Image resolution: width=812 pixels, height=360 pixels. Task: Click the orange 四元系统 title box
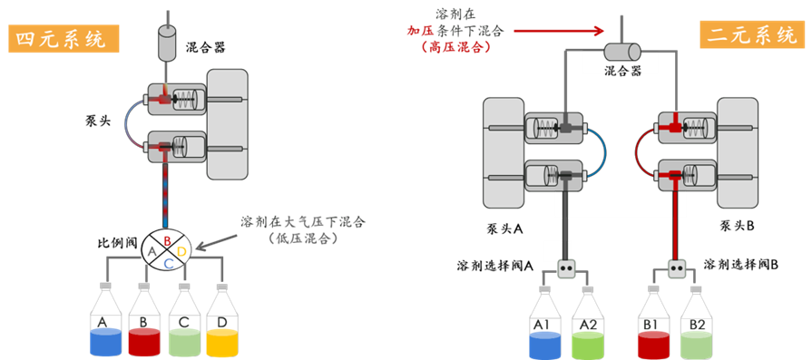coord(64,40)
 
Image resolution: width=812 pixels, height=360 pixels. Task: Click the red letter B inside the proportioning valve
coord(167,240)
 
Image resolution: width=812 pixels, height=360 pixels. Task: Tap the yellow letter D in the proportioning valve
coord(181,252)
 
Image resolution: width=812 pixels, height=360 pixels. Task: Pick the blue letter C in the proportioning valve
coord(169,263)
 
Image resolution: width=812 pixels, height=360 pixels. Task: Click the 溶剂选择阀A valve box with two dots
coord(568,268)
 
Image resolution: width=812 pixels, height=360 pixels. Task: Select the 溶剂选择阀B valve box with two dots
coord(676,268)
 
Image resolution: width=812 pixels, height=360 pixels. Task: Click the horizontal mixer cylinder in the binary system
coord(622,52)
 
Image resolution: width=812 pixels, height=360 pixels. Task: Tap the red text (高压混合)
coord(455,47)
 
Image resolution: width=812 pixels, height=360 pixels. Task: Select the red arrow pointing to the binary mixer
coord(559,31)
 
